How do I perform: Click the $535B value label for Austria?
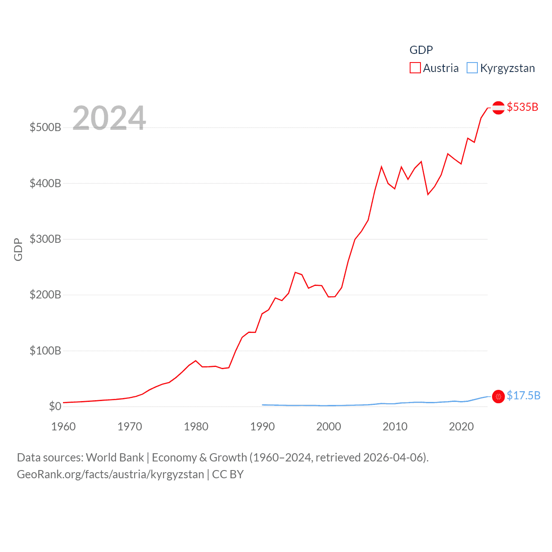pos(522,107)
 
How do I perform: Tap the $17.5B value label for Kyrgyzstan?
pos(523,395)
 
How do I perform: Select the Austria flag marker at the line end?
pos(498,107)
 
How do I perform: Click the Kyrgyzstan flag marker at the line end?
pos(498,396)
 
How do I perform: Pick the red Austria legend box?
pos(415,68)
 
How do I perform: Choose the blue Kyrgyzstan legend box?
pos(472,68)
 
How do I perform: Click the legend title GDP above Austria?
pos(421,50)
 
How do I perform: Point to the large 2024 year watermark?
pos(109,118)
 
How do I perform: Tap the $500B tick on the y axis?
pos(45,127)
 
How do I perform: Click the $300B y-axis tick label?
pos(45,239)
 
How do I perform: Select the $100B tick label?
pos(45,351)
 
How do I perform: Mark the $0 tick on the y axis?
pos(55,406)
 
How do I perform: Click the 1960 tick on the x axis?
pos(63,427)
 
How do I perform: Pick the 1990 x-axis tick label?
pos(262,427)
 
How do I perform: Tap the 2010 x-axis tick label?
pos(395,427)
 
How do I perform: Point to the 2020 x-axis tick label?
pos(461,427)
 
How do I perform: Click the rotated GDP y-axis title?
pos(18,249)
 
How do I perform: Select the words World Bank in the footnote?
pos(115,458)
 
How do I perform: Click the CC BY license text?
pos(228,474)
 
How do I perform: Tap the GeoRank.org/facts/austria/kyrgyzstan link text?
pos(110,474)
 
